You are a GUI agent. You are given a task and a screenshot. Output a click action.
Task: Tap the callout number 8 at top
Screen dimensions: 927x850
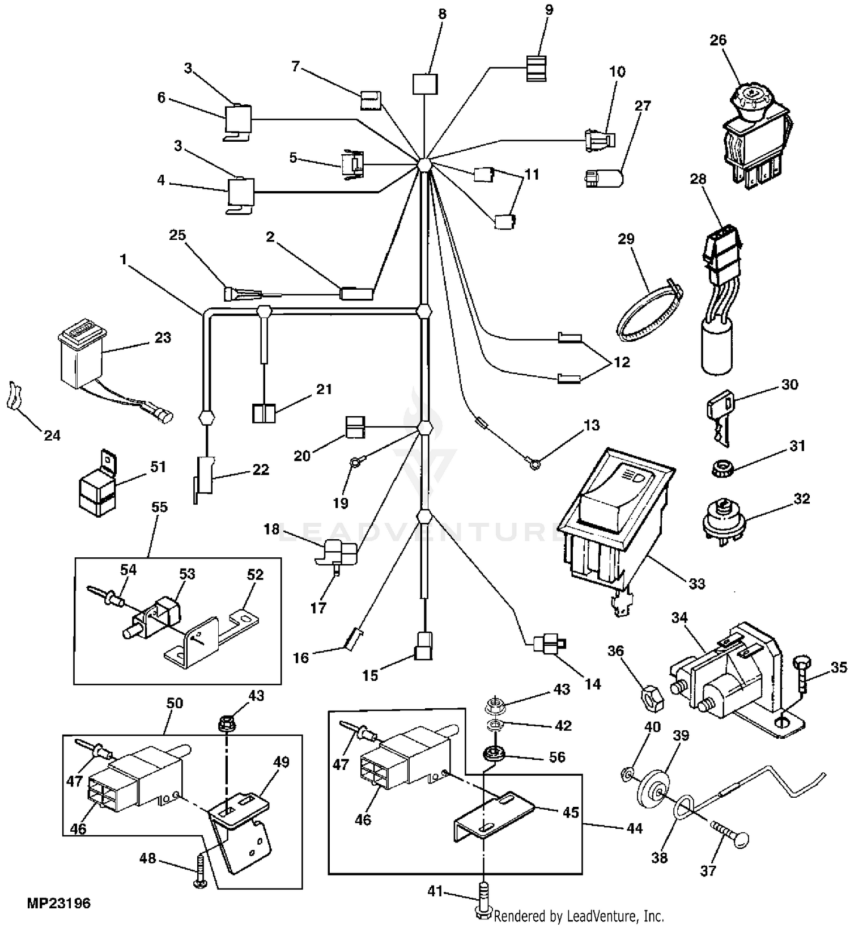tap(442, 14)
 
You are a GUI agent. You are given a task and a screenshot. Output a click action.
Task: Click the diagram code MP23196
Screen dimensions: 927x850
tap(58, 903)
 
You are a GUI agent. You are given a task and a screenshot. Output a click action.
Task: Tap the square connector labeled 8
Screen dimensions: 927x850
tap(424, 84)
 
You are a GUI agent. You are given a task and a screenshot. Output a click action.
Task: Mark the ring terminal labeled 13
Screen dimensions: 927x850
tap(533, 464)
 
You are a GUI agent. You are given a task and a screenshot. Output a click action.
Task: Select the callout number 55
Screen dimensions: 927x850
tap(160, 507)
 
